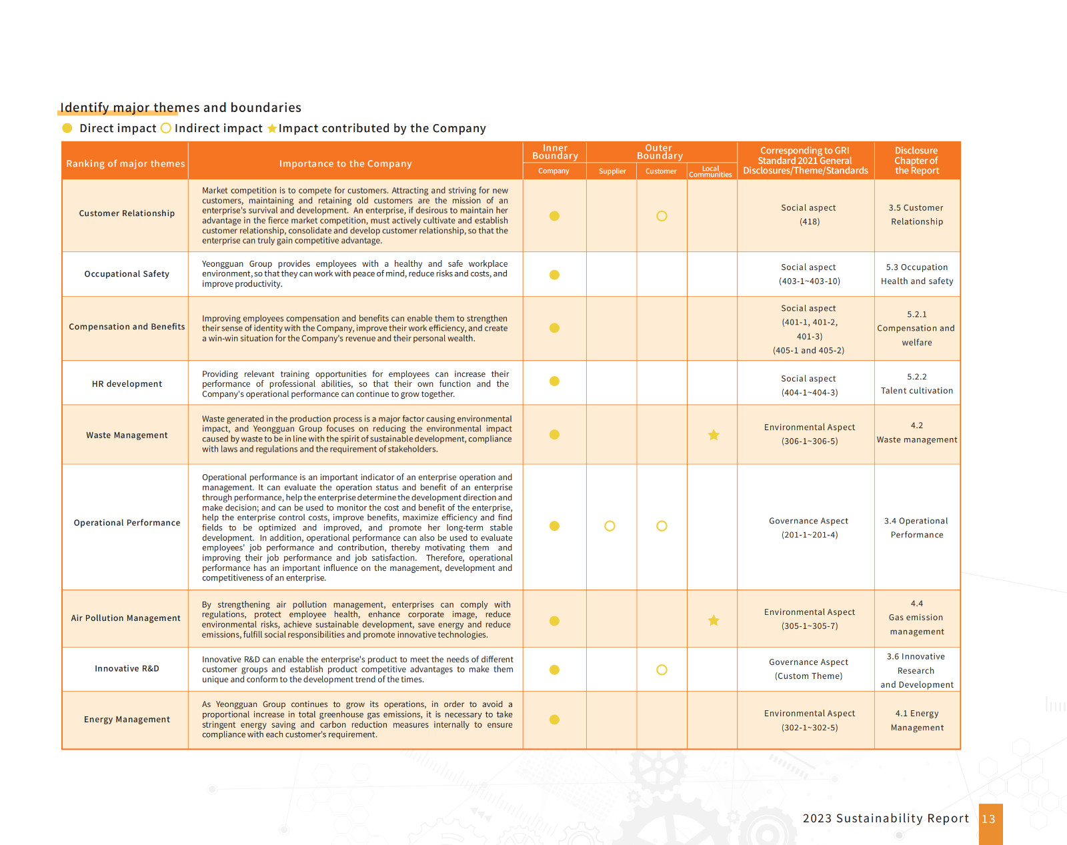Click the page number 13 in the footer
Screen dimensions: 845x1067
click(x=988, y=819)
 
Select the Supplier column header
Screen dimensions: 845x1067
click(x=612, y=171)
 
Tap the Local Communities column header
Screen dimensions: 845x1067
click(x=710, y=171)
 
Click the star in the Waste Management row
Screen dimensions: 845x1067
click(x=714, y=435)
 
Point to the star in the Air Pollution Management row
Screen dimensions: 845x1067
click(x=714, y=620)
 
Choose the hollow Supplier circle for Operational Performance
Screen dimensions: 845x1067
click(x=610, y=526)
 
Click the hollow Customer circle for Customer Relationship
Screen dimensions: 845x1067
click(x=662, y=216)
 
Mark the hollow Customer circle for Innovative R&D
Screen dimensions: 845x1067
click(x=662, y=670)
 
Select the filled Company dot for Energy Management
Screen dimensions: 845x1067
click(x=554, y=720)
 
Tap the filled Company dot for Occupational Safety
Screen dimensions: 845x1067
click(x=554, y=275)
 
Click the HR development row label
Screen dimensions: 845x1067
click(x=127, y=384)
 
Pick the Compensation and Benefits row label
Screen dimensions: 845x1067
click(x=127, y=327)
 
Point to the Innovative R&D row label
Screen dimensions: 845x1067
click(x=127, y=669)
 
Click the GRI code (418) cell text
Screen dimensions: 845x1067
click(x=810, y=222)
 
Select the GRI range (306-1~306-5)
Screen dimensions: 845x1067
click(x=810, y=442)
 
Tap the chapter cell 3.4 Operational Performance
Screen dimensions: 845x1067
click(x=916, y=528)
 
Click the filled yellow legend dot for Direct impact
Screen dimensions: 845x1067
click(x=67, y=128)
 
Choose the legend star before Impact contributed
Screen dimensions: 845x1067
click(x=272, y=129)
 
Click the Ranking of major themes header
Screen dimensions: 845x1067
click(x=125, y=164)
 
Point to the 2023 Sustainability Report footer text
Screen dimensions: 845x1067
click(x=886, y=818)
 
